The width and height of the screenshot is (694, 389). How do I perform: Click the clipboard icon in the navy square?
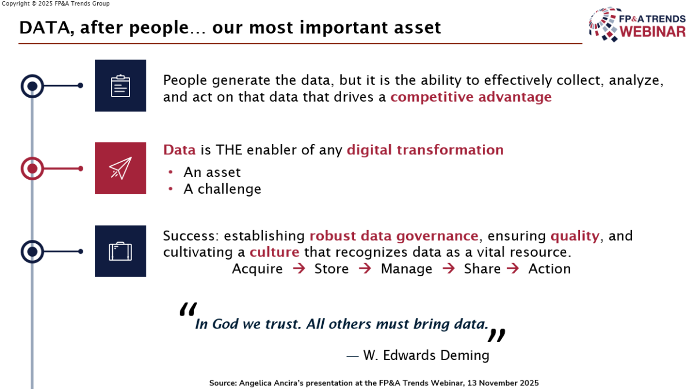pos(120,86)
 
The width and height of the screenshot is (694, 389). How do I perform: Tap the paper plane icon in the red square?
pos(120,168)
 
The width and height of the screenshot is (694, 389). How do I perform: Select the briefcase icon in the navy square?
pos(120,251)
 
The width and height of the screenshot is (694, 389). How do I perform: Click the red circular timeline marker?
pos(32,168)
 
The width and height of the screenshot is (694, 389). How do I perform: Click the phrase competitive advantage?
pos(471,97)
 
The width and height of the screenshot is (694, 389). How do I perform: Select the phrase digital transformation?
pos(425,150)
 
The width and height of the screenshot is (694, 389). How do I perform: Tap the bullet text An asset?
pos(212,172)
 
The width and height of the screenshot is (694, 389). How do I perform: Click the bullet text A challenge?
pos(222,189)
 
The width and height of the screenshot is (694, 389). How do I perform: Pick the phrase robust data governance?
pos(394,236)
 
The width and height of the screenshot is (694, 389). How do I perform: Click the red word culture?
pos(274,253)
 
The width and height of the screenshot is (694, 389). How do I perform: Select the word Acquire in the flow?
pos(257,269)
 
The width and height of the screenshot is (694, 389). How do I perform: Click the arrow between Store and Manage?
pos(365,269)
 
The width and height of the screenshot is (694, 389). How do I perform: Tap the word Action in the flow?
pos(549,269)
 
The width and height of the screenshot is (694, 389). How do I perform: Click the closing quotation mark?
pos(497,335)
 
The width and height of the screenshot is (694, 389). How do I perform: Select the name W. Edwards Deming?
pos(426,355)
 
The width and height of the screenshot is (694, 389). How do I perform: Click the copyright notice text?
pos(56,3)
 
